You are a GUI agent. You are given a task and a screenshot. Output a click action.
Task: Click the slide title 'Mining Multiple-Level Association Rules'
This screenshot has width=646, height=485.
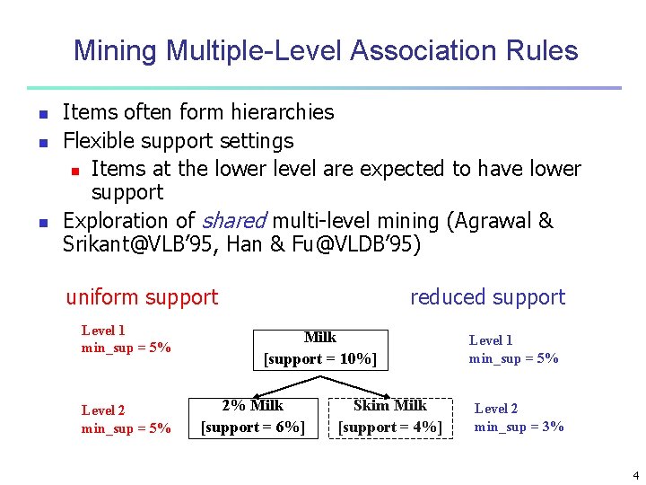326,50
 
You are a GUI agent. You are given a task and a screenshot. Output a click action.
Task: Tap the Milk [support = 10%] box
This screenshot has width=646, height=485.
320,348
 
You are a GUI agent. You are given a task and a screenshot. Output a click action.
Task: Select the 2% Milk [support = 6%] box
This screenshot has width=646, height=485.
253,417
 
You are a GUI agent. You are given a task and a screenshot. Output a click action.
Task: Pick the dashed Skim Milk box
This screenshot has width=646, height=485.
390,417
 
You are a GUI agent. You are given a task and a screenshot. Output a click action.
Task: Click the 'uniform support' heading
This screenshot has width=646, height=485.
142,297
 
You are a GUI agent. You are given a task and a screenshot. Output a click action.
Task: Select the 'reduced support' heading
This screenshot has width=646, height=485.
487,297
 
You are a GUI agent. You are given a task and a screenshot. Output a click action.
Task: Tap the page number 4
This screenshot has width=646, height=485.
635,475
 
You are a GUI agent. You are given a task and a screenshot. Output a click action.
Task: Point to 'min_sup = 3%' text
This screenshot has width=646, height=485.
519,427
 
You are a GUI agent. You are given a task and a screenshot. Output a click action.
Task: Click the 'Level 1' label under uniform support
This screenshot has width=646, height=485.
103,331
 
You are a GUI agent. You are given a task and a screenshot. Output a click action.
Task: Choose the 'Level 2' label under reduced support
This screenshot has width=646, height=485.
496,409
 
